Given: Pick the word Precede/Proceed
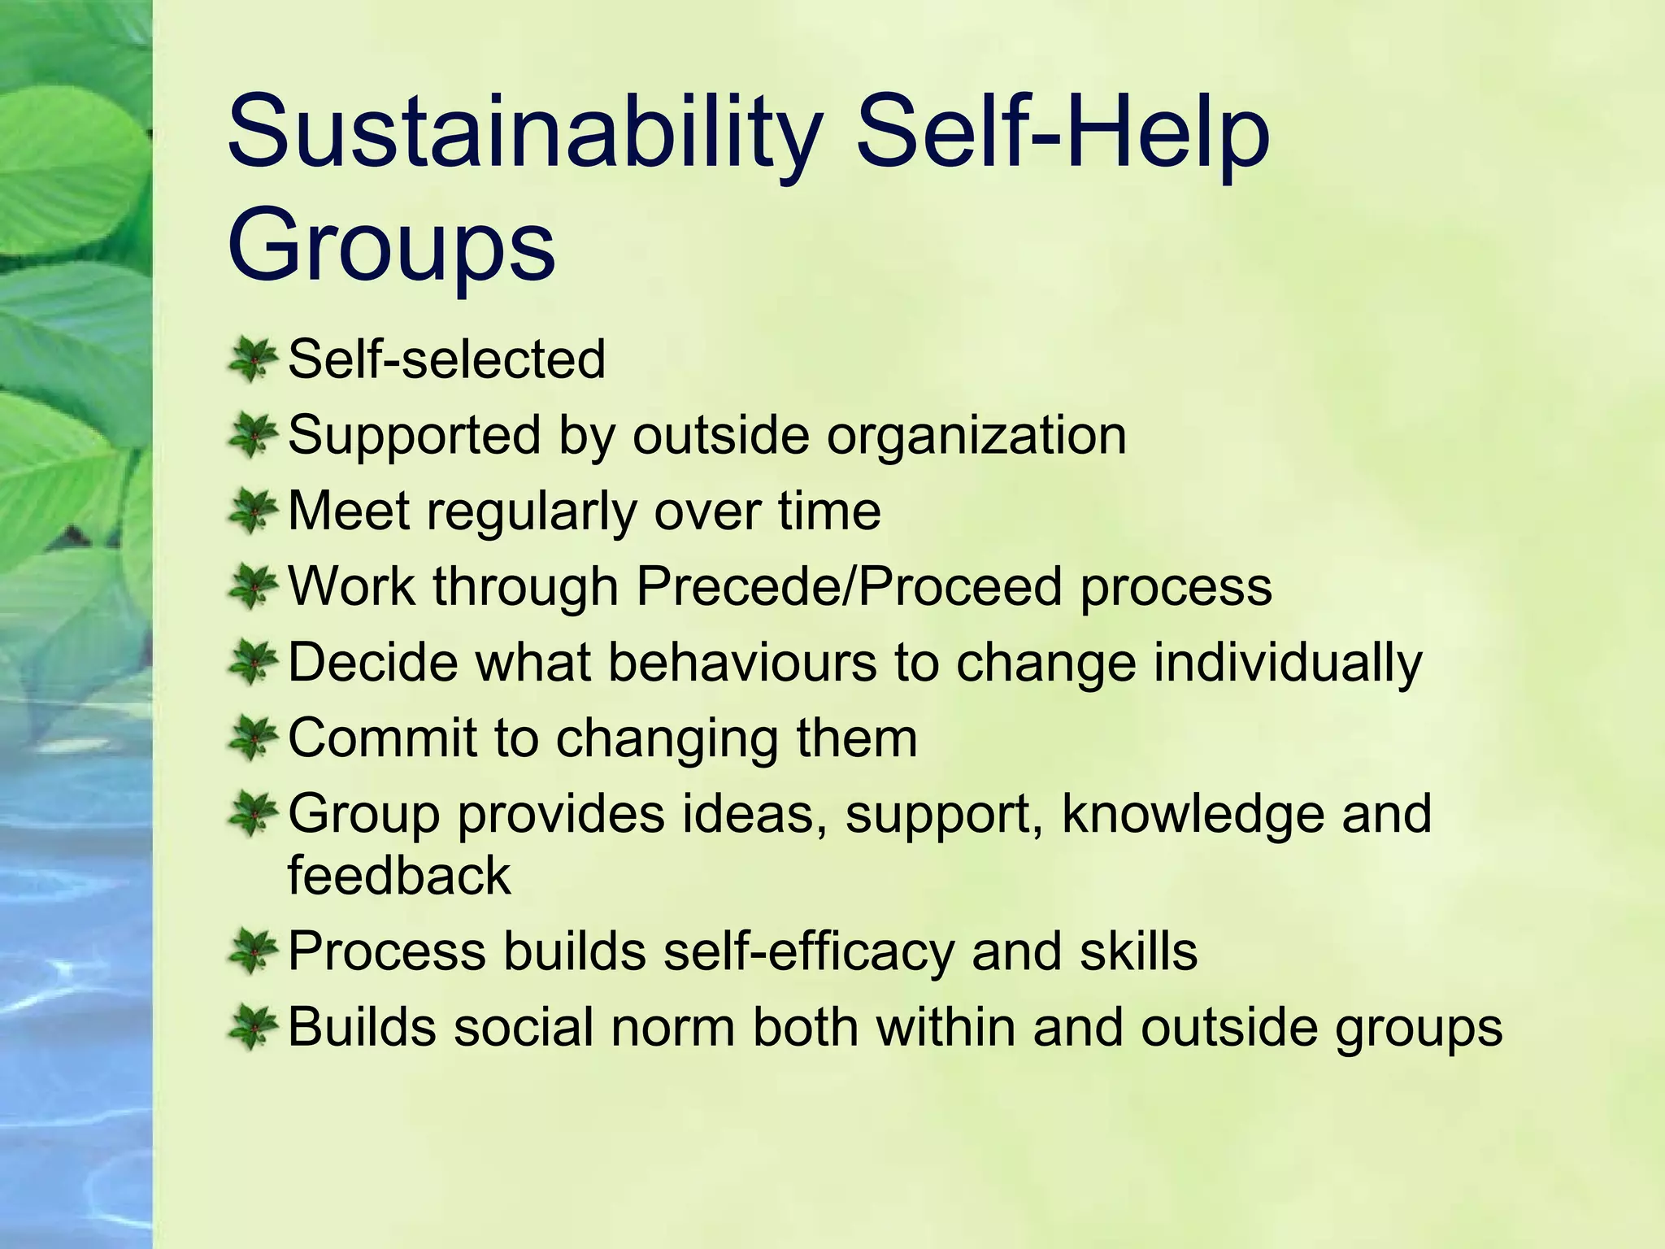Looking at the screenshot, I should (x=849, y=586).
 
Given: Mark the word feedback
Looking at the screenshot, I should (x=399, y=876).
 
